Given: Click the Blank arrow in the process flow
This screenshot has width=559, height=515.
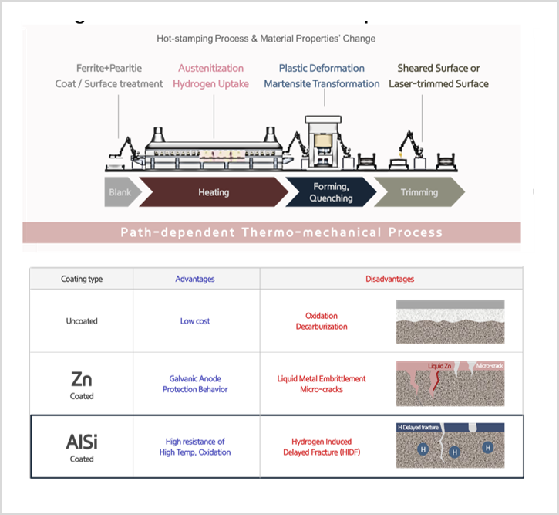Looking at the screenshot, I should [120, 192].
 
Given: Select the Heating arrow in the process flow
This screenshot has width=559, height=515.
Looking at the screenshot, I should [213, 192].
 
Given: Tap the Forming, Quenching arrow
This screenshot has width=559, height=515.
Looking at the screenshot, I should [330, 192].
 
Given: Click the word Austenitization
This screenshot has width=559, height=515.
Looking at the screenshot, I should [210, 69].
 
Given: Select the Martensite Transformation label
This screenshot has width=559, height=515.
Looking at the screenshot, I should [322, 84].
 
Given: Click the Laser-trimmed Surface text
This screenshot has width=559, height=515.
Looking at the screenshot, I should [438, 84].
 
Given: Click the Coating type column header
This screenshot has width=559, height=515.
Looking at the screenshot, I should [82, 279].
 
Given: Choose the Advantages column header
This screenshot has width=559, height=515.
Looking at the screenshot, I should [195, 279].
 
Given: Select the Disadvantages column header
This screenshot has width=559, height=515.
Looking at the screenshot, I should [389, 279].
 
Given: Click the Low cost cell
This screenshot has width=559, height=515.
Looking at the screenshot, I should [195, 321].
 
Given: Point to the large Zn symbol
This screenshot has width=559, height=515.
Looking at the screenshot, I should [82, 379].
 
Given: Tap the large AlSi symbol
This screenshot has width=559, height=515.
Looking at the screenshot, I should [82, 442].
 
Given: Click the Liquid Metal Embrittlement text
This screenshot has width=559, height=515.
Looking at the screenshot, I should [322, 379].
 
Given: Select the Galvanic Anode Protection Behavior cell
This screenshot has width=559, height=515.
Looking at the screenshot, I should [195, 384].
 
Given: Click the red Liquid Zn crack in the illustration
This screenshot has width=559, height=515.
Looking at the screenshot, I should [436, 378].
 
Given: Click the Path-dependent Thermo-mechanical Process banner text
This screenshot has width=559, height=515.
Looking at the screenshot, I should [281, 232].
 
